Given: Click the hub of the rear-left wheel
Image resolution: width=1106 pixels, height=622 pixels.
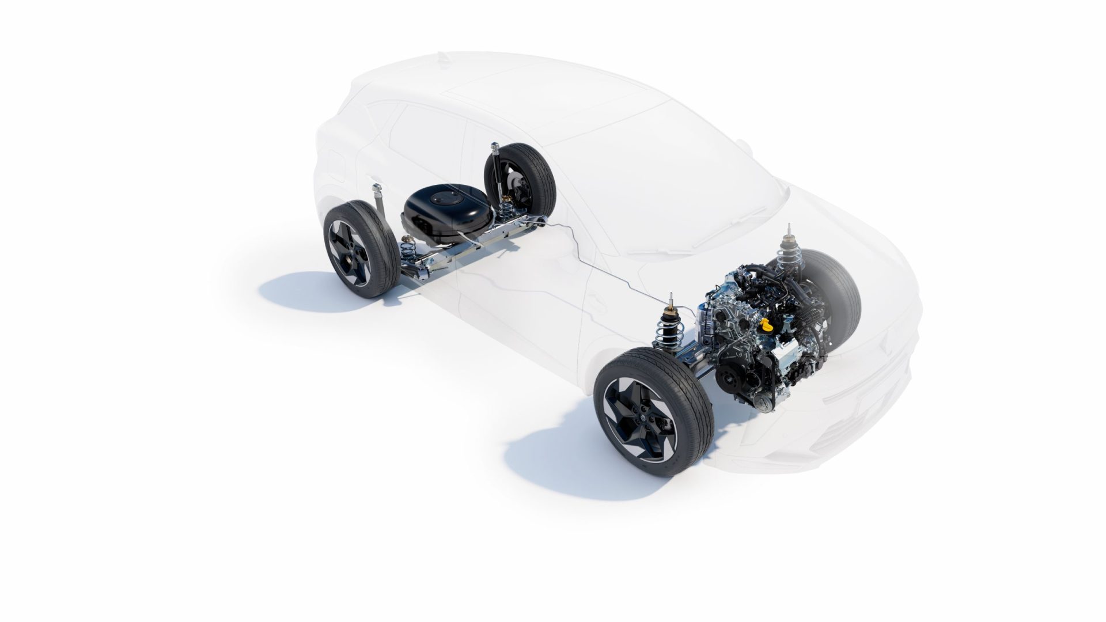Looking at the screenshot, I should coord(350,254).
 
